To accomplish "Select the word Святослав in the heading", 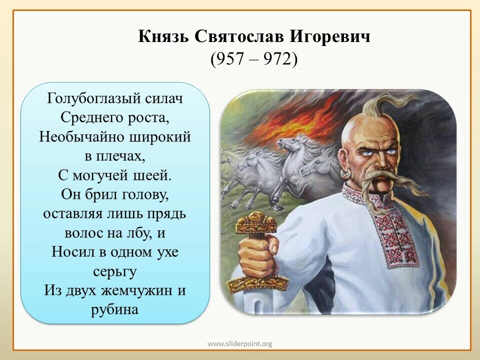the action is click(x=239, y=36).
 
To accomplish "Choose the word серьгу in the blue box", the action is click(x=114, y=271).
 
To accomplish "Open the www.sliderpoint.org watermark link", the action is click(x=239, y=344).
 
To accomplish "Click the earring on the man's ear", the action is click(x=345, y=173).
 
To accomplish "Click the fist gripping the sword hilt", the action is click(x=258, y=255).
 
